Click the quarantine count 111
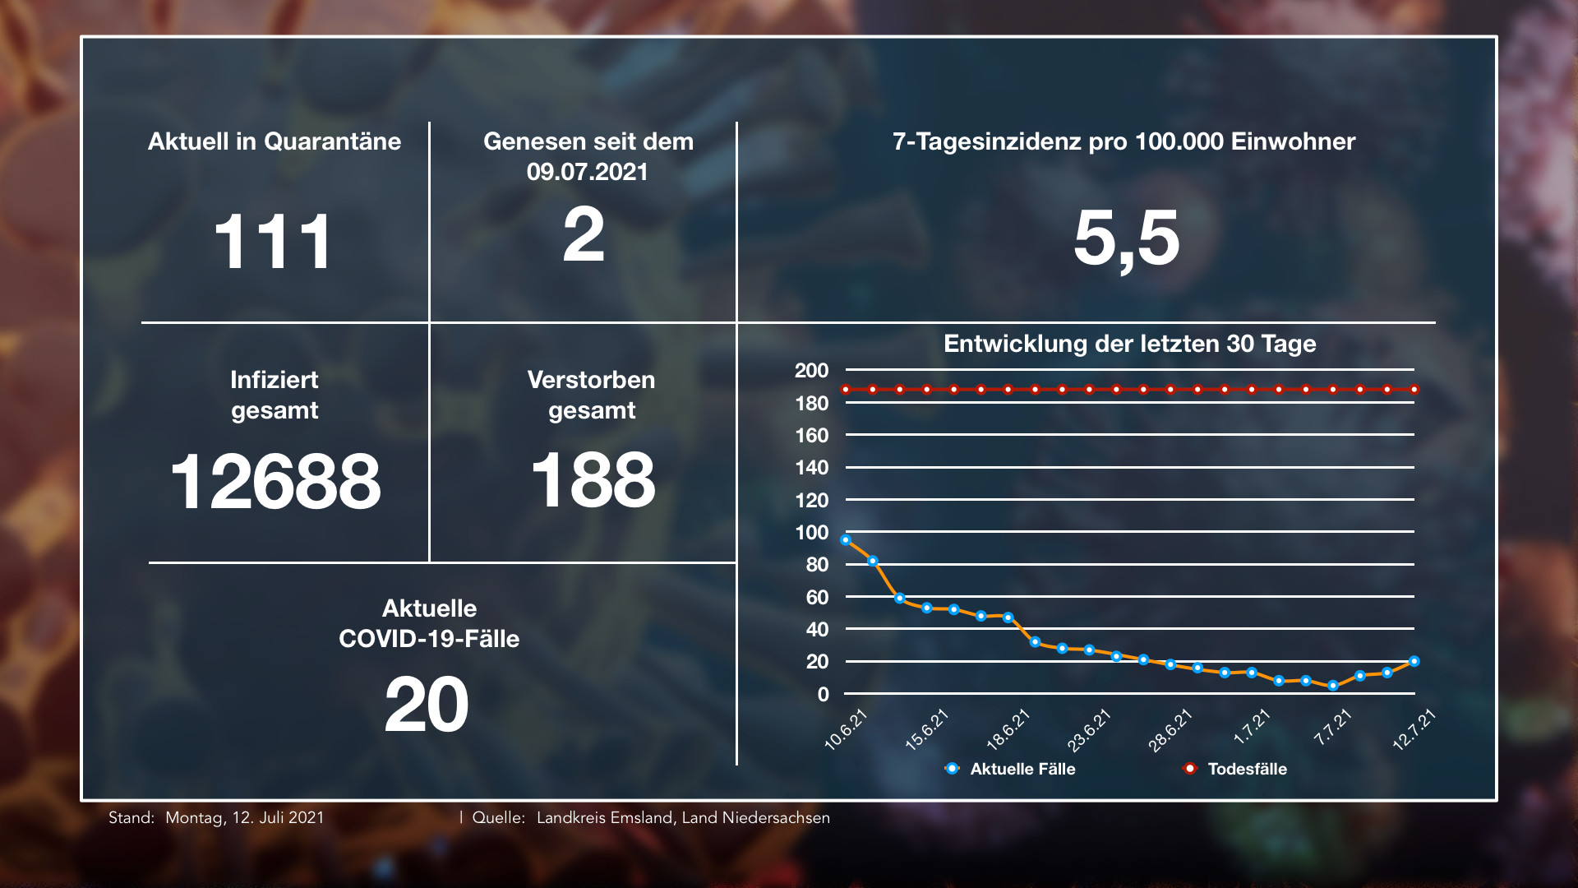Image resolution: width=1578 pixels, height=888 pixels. point(273,242)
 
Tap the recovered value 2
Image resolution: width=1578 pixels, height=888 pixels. point(584,236)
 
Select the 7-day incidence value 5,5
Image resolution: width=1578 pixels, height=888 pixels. point(1126,238)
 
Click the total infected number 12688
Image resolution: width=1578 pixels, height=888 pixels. point(275,481)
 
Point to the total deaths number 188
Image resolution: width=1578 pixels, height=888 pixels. point(593,480)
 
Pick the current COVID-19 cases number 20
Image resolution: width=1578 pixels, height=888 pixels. point(427,705)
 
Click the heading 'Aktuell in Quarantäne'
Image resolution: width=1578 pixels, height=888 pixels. point(275,141)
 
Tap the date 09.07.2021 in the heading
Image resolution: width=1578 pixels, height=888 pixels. point(587,172)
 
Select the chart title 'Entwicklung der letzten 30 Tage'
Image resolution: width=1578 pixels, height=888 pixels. point(1129,344)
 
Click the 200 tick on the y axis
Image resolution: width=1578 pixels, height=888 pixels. point(811,370)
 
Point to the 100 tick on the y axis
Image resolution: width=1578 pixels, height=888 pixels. point(811,532)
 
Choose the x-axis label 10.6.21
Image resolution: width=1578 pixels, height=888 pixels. point(847,729)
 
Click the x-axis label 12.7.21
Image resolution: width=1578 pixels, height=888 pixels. point(1414,729)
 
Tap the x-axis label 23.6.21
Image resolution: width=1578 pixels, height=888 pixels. point(1089,729)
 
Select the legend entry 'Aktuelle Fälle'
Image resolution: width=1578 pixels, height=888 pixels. point(1022,769)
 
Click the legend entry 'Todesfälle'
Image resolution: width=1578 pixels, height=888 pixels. point(1247,769)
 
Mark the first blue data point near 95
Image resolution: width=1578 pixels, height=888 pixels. point(846,540)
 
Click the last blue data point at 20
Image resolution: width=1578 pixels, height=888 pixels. point(1414,661)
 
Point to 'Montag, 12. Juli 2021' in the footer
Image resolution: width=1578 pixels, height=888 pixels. point(245,818)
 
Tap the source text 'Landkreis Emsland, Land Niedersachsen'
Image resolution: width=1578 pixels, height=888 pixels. point(683,818)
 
